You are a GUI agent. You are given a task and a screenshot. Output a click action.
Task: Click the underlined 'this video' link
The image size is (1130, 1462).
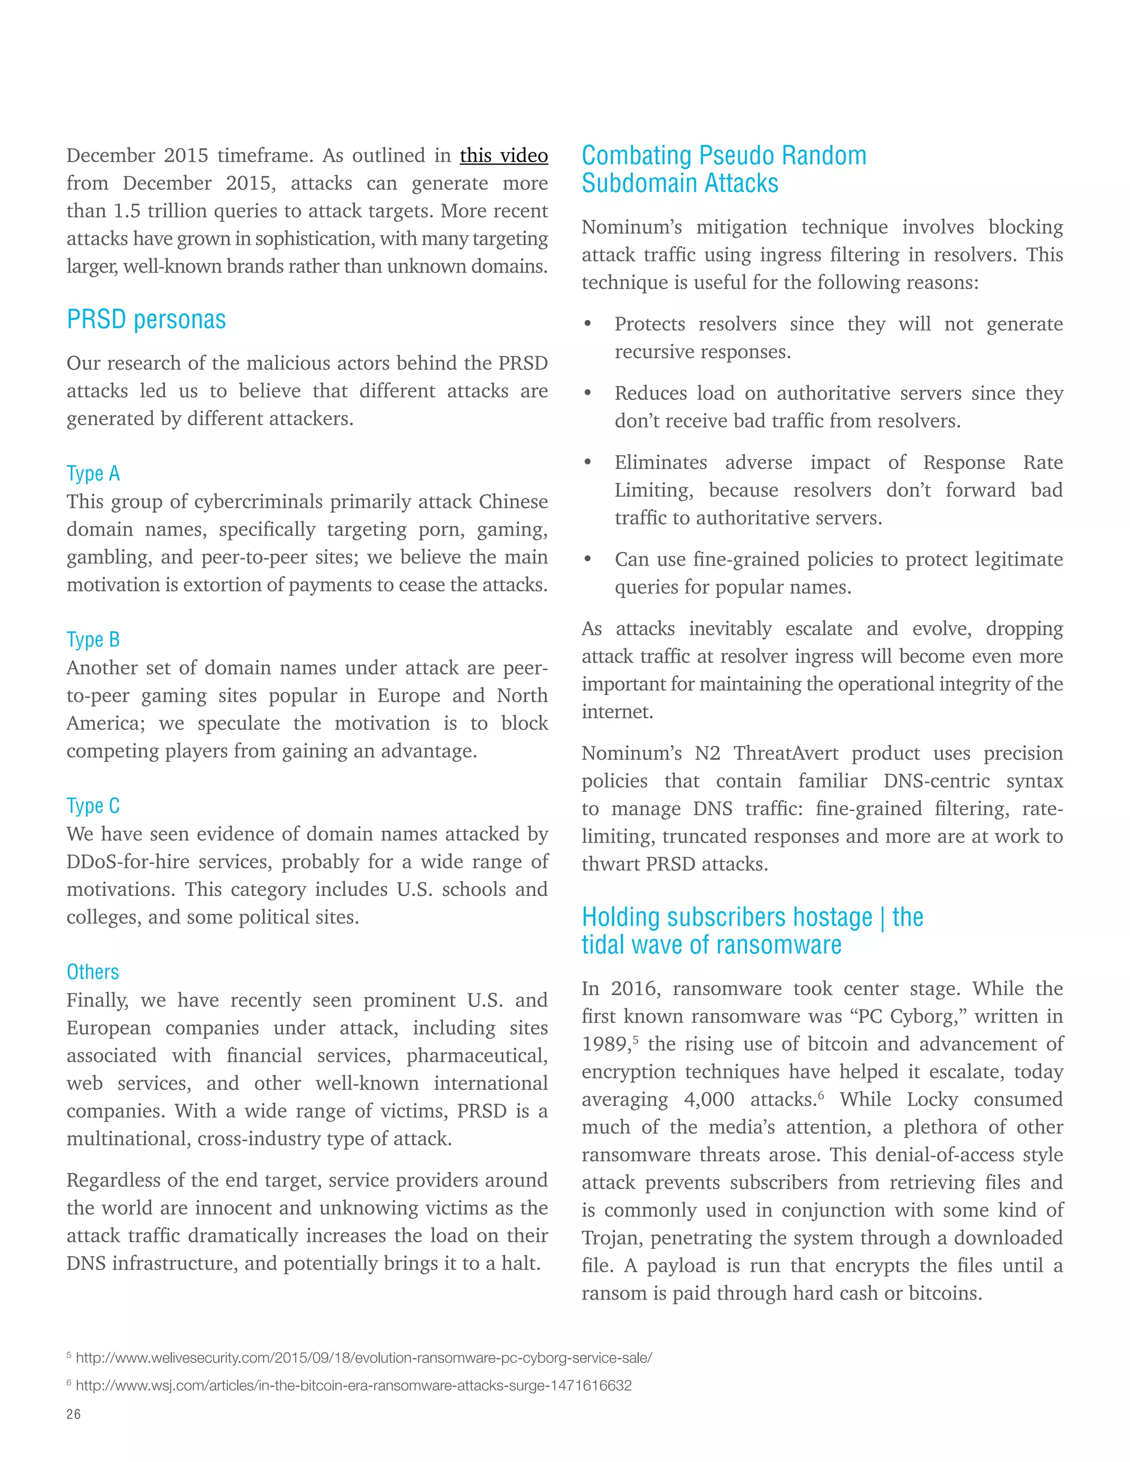[503, 156]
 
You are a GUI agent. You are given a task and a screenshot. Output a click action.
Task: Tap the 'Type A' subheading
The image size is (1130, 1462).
[93, 473]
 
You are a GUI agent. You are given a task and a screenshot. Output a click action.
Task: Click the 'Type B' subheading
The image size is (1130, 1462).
[93, 639]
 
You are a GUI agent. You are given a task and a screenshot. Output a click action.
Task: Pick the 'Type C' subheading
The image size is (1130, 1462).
[93, 805]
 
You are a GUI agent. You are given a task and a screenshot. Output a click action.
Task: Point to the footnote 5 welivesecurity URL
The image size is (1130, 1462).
[364, 1358]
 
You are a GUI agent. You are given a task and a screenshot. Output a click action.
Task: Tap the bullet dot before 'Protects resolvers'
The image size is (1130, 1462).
[588, 324]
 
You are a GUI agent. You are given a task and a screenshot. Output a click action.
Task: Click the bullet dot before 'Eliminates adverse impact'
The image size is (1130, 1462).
[588, 462]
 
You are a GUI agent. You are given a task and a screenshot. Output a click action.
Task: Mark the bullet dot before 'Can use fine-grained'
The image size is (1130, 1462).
[588, 559]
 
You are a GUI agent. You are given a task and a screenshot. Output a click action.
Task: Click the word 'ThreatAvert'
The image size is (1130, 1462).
[785, 753]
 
